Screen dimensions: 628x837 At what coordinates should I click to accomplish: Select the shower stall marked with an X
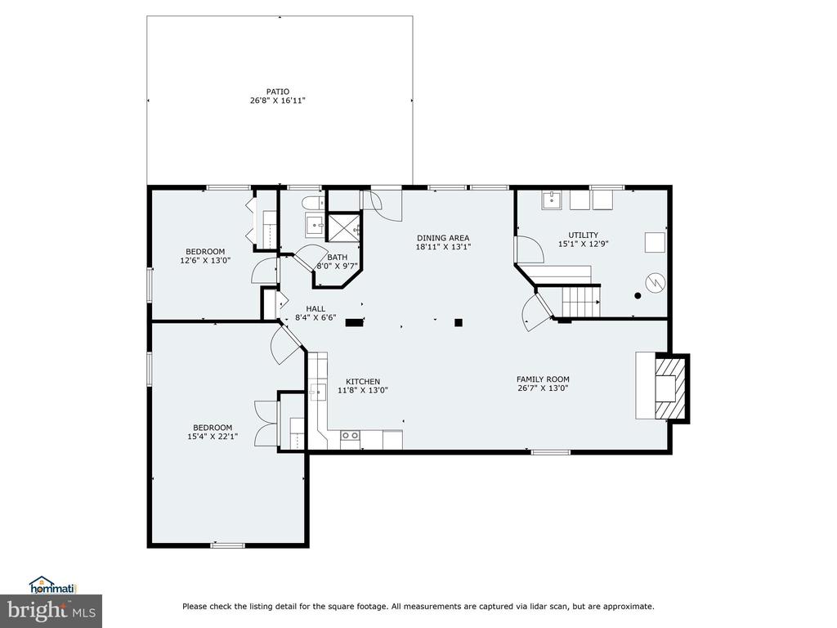344,229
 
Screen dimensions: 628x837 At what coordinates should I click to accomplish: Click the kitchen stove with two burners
350,436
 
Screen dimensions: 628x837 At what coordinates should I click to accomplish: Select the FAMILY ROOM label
543,379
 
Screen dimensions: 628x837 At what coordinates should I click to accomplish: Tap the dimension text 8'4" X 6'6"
316,318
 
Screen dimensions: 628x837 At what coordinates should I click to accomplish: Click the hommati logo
51,585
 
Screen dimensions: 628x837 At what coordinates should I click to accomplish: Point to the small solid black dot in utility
638,296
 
